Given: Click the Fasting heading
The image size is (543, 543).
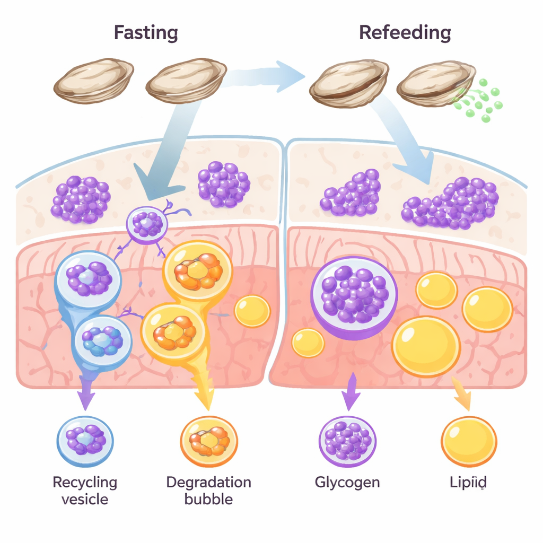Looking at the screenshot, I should (x=146, y=33).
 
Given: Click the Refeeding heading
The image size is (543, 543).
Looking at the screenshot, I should (x=405, y=33).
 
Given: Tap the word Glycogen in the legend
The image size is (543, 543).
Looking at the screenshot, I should (x=347, y=482).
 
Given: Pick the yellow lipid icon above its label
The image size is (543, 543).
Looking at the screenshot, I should (x=469, y=442).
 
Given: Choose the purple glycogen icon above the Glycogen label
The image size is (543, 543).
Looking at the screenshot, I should (x=347, y=441).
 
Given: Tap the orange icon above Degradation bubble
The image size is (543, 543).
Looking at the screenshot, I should (x=209, y=441).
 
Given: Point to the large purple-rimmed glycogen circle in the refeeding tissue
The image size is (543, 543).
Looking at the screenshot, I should (x=354, y=295).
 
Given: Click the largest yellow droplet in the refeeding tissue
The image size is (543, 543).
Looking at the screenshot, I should (x=426, y=346).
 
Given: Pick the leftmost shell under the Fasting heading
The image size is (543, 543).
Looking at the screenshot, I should (x=94, y=81).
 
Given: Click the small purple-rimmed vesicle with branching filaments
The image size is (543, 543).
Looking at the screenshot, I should (x=147, y=224).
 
